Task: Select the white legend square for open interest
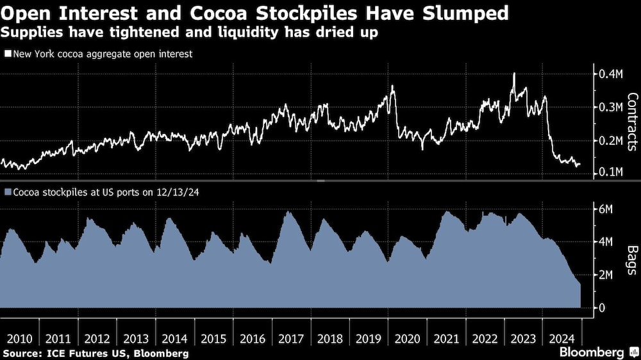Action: coord(7,54)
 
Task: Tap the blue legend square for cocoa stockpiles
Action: coord(7,191)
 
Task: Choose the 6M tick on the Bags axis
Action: coord(606,209)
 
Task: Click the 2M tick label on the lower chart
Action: coord(606,275)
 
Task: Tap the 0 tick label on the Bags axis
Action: coord(601,308)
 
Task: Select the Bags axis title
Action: coord(631,258)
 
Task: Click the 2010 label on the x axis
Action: coord(19,338)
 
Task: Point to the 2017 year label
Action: coord(292,338)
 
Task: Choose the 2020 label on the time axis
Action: coord(409,338)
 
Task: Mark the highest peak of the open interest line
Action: coord(514,74)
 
